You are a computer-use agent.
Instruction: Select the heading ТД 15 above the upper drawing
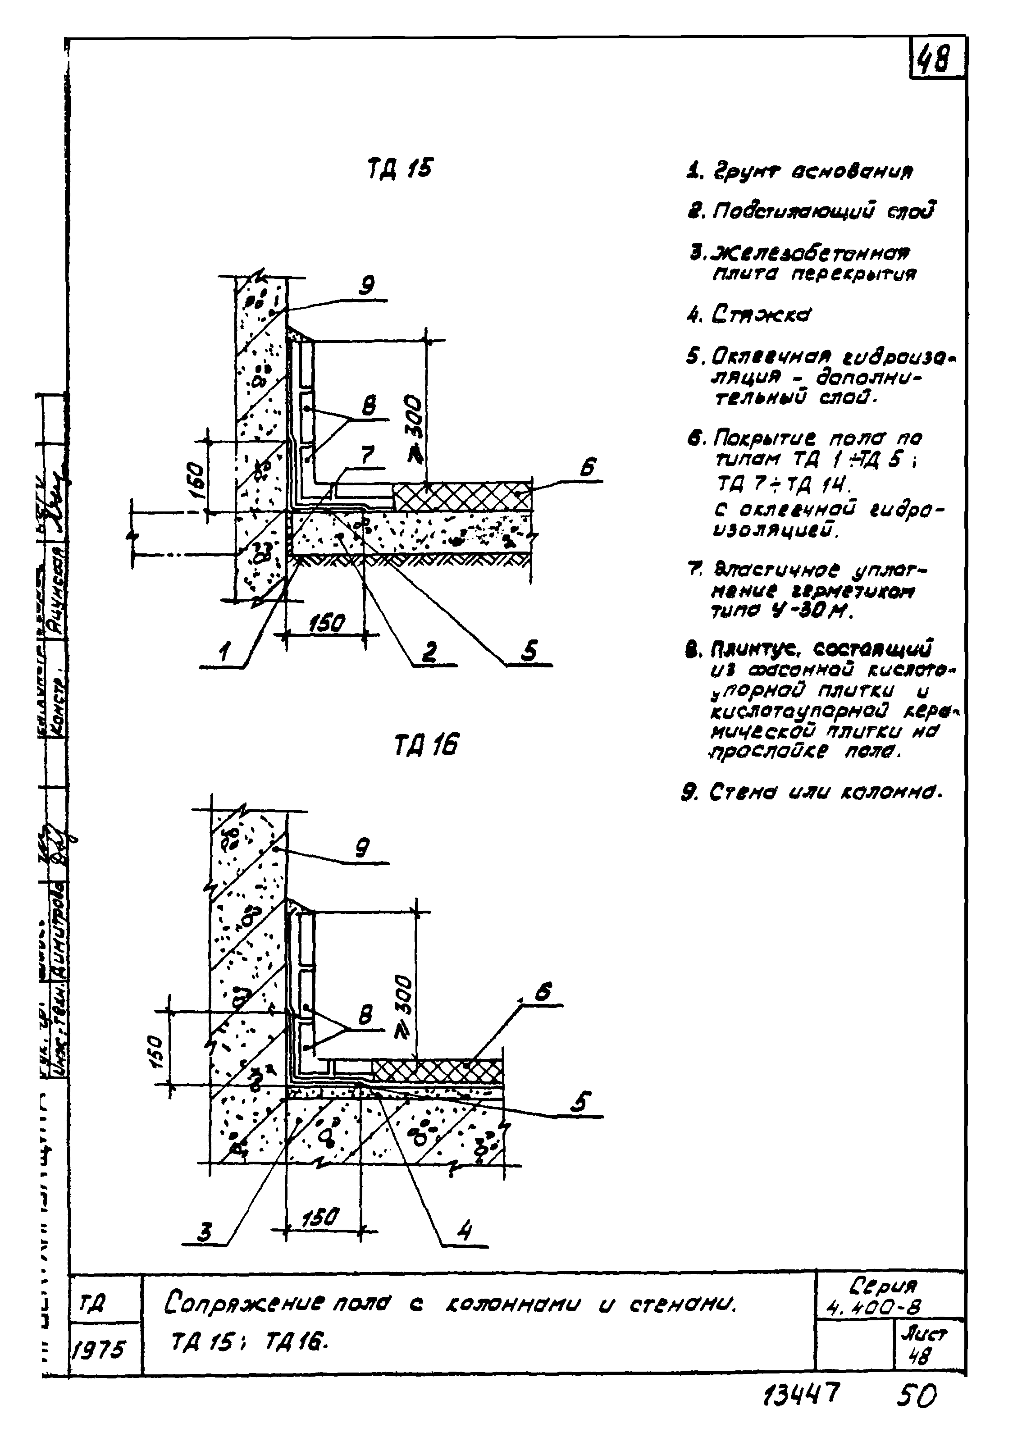point(400,169)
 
